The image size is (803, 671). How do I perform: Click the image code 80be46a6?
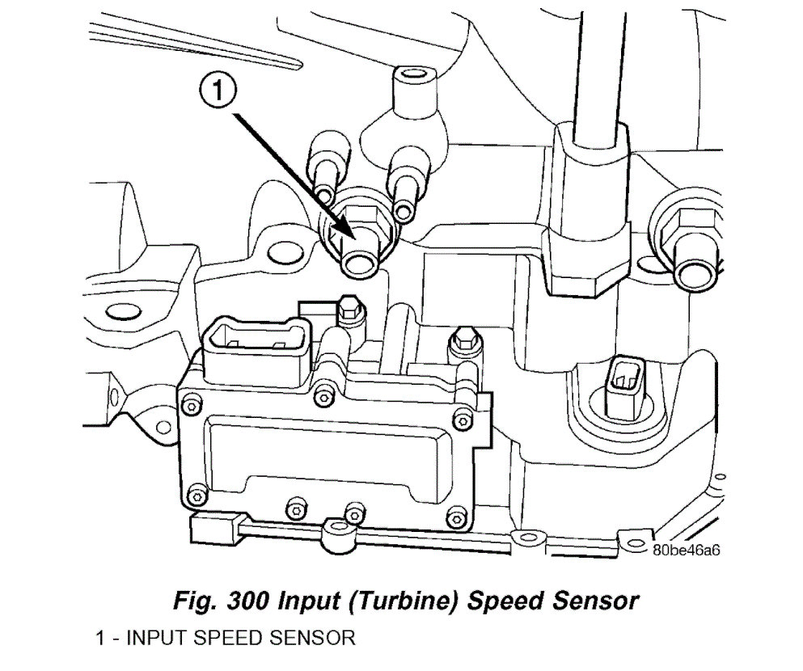[x=686, y=550]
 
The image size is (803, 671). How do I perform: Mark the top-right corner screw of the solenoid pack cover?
[x=462, y=418]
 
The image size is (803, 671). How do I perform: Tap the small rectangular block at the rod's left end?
[x=212, y=528]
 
